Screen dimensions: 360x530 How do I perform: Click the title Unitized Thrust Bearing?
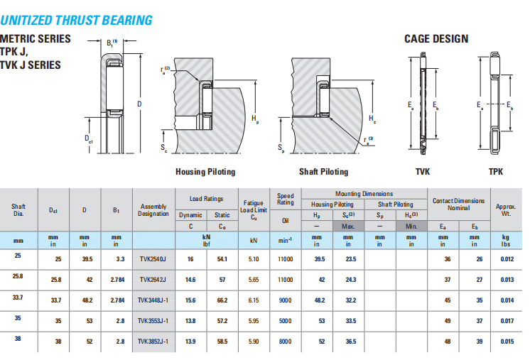coord(76,20)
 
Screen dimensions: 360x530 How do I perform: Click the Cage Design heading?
coord(436,38)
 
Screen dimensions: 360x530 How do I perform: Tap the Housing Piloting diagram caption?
coord(205,172)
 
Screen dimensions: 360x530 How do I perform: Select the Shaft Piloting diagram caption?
coord(323,172)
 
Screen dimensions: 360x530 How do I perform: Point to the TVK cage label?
coord(423,172)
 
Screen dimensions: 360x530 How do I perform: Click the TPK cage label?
coord(496,172)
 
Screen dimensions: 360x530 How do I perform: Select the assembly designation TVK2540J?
coord(153,260)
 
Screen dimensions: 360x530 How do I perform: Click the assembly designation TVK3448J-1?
coord(153,300)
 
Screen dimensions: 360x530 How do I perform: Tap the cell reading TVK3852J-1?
coord(153,342)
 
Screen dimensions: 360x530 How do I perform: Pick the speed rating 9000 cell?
coord(285,300)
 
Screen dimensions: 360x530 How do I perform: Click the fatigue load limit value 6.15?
coord(254,300)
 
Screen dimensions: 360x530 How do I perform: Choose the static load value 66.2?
coord(222,300)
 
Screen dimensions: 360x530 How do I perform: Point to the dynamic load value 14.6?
coord(190,280)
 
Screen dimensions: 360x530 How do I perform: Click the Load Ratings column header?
coord(206,200)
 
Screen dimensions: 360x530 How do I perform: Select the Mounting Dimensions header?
coord(364,194)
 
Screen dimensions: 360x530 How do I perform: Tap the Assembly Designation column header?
coord(153,209)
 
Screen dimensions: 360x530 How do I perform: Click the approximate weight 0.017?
coord(506,321)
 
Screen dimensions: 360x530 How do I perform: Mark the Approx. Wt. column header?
coord(506,209)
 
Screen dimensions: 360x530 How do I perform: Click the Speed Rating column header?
coord(285,200)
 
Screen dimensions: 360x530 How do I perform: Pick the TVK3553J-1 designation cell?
coord(153,321)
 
